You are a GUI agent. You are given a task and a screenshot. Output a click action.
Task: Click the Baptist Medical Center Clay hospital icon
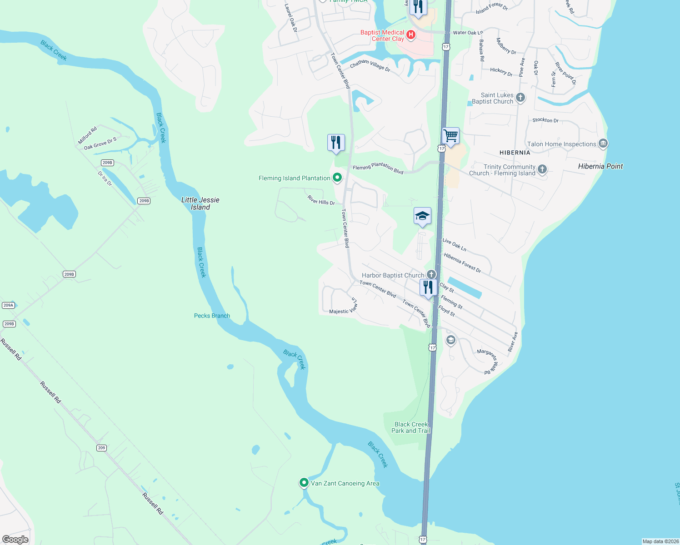411,35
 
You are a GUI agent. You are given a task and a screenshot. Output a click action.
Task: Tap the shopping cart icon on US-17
451,135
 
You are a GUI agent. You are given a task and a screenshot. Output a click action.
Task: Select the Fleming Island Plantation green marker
337,178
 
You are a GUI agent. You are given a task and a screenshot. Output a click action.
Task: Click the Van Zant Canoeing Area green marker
304,482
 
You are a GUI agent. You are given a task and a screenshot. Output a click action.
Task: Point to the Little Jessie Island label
200,203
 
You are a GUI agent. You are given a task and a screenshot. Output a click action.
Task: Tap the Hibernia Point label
600,166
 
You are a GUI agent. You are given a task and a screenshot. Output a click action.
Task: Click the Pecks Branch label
212,316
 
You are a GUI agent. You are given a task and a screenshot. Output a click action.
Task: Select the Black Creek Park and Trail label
411,427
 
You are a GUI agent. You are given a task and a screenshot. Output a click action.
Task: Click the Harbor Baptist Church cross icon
431,274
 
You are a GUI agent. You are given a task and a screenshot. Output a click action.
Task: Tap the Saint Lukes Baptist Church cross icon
520,97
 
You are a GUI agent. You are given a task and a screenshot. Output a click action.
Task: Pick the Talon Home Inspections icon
603,144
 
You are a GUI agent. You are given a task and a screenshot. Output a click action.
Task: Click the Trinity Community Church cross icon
542,169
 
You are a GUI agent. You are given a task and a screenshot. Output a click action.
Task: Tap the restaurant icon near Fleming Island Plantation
336,143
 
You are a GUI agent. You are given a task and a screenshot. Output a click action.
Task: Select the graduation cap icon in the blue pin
422,216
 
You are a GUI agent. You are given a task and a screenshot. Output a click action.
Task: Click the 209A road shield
9,305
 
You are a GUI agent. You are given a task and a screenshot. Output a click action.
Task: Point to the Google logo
15,539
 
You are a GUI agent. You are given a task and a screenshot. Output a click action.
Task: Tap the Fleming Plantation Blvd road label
378,168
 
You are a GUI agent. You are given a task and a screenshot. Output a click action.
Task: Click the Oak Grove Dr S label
100,143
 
